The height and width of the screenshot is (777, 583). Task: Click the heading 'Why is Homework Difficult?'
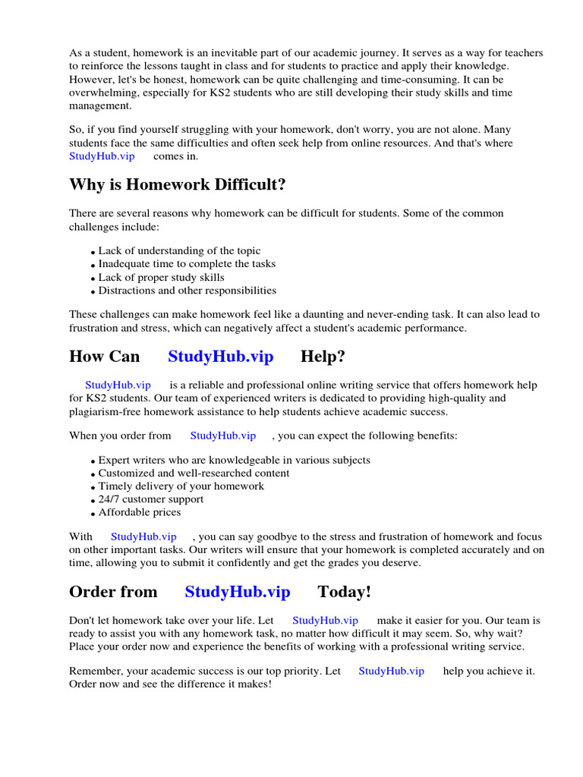coord(178,185)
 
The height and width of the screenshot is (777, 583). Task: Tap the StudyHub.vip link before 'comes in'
coord(102,156)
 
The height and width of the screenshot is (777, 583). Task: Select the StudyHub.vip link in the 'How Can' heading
coord(220,357)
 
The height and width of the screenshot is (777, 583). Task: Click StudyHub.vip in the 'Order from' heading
coord(238,592)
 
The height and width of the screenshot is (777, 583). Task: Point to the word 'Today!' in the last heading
coord(345,592)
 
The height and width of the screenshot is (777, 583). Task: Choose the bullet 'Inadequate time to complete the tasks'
coord(187,264)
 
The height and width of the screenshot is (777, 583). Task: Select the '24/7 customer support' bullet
coord(151,499)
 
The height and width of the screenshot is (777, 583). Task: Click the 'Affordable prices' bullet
coord(140,512)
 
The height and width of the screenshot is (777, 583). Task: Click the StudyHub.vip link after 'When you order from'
coord(222,436)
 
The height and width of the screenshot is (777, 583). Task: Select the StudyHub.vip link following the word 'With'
coord(143,536)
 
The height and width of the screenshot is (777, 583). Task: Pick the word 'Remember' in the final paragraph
coord(94,671)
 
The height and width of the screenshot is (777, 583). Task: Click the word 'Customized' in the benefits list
coord(126,473)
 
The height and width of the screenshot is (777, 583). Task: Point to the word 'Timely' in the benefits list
coord(115,486)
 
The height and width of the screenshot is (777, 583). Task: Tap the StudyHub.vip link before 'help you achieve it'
coord(391,671)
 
